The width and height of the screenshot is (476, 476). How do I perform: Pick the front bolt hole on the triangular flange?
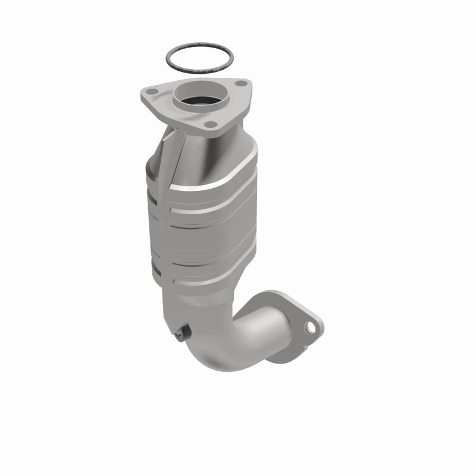209,124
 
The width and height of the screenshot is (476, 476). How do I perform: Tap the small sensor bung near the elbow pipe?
183,331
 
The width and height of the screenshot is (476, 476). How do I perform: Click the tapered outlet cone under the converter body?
196,303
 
